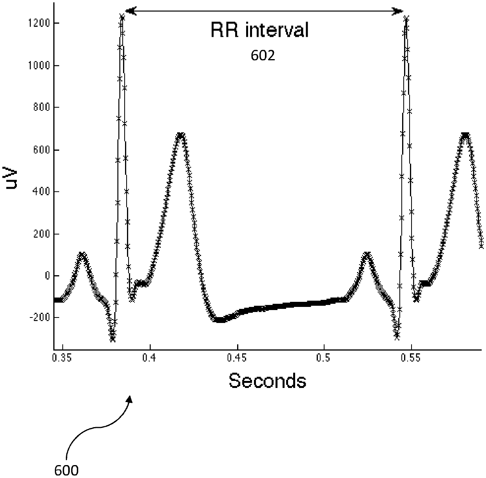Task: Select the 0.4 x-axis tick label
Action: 150,359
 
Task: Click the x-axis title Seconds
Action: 267,381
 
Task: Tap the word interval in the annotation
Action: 277,31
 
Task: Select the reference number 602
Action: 263,56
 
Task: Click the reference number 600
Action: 66,470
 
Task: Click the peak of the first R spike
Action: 122,17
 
